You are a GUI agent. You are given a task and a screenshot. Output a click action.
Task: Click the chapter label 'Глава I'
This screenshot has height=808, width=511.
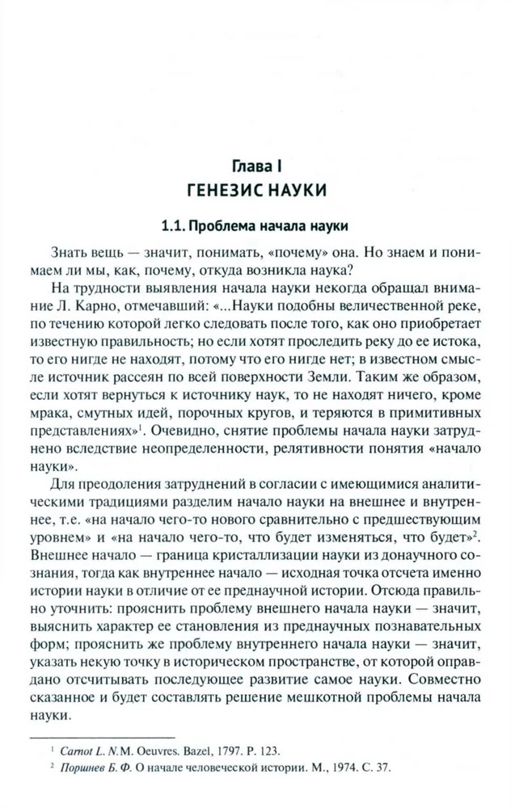(x=255, y=167)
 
